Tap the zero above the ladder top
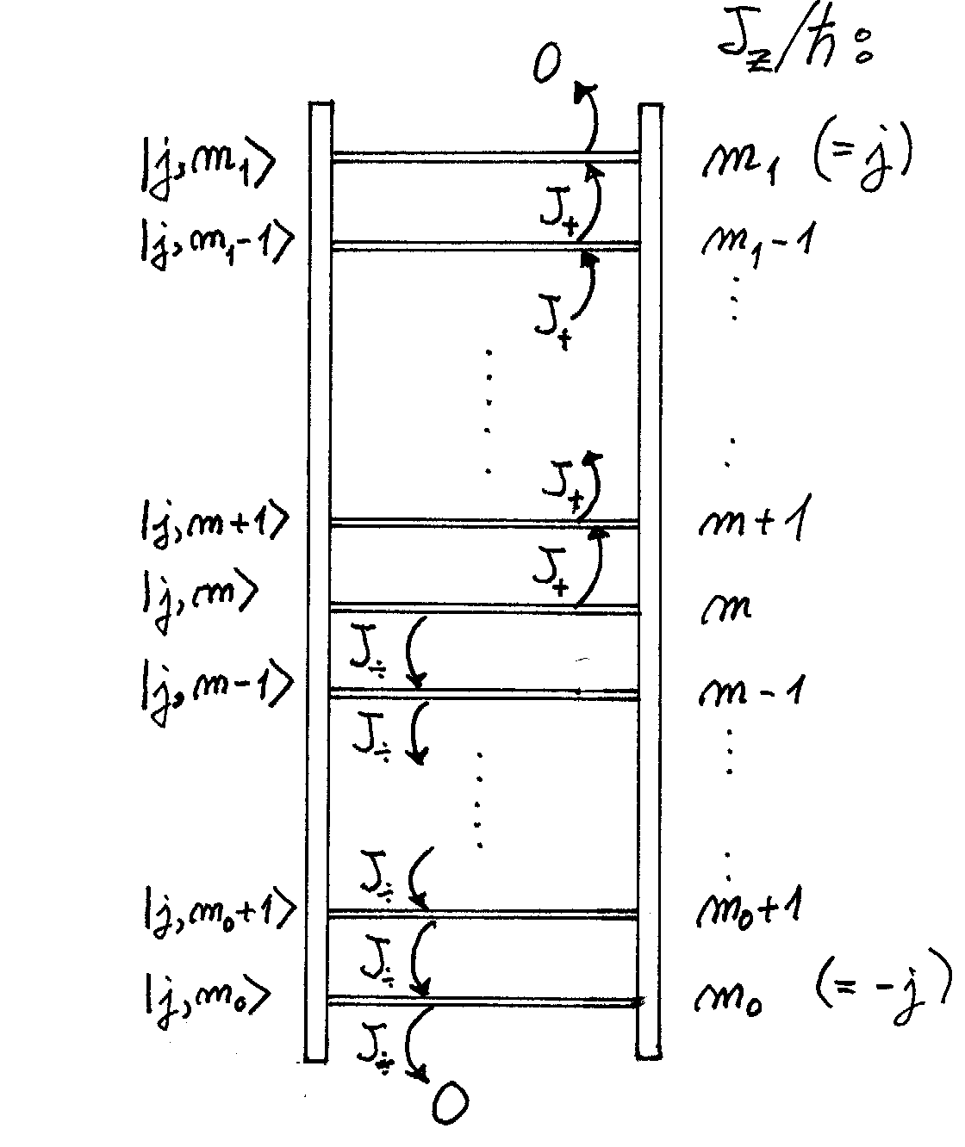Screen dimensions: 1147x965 pyautogui.click(x=545, y=65)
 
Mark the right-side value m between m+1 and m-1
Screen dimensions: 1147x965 pyautogui.click(x=725, y=609)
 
